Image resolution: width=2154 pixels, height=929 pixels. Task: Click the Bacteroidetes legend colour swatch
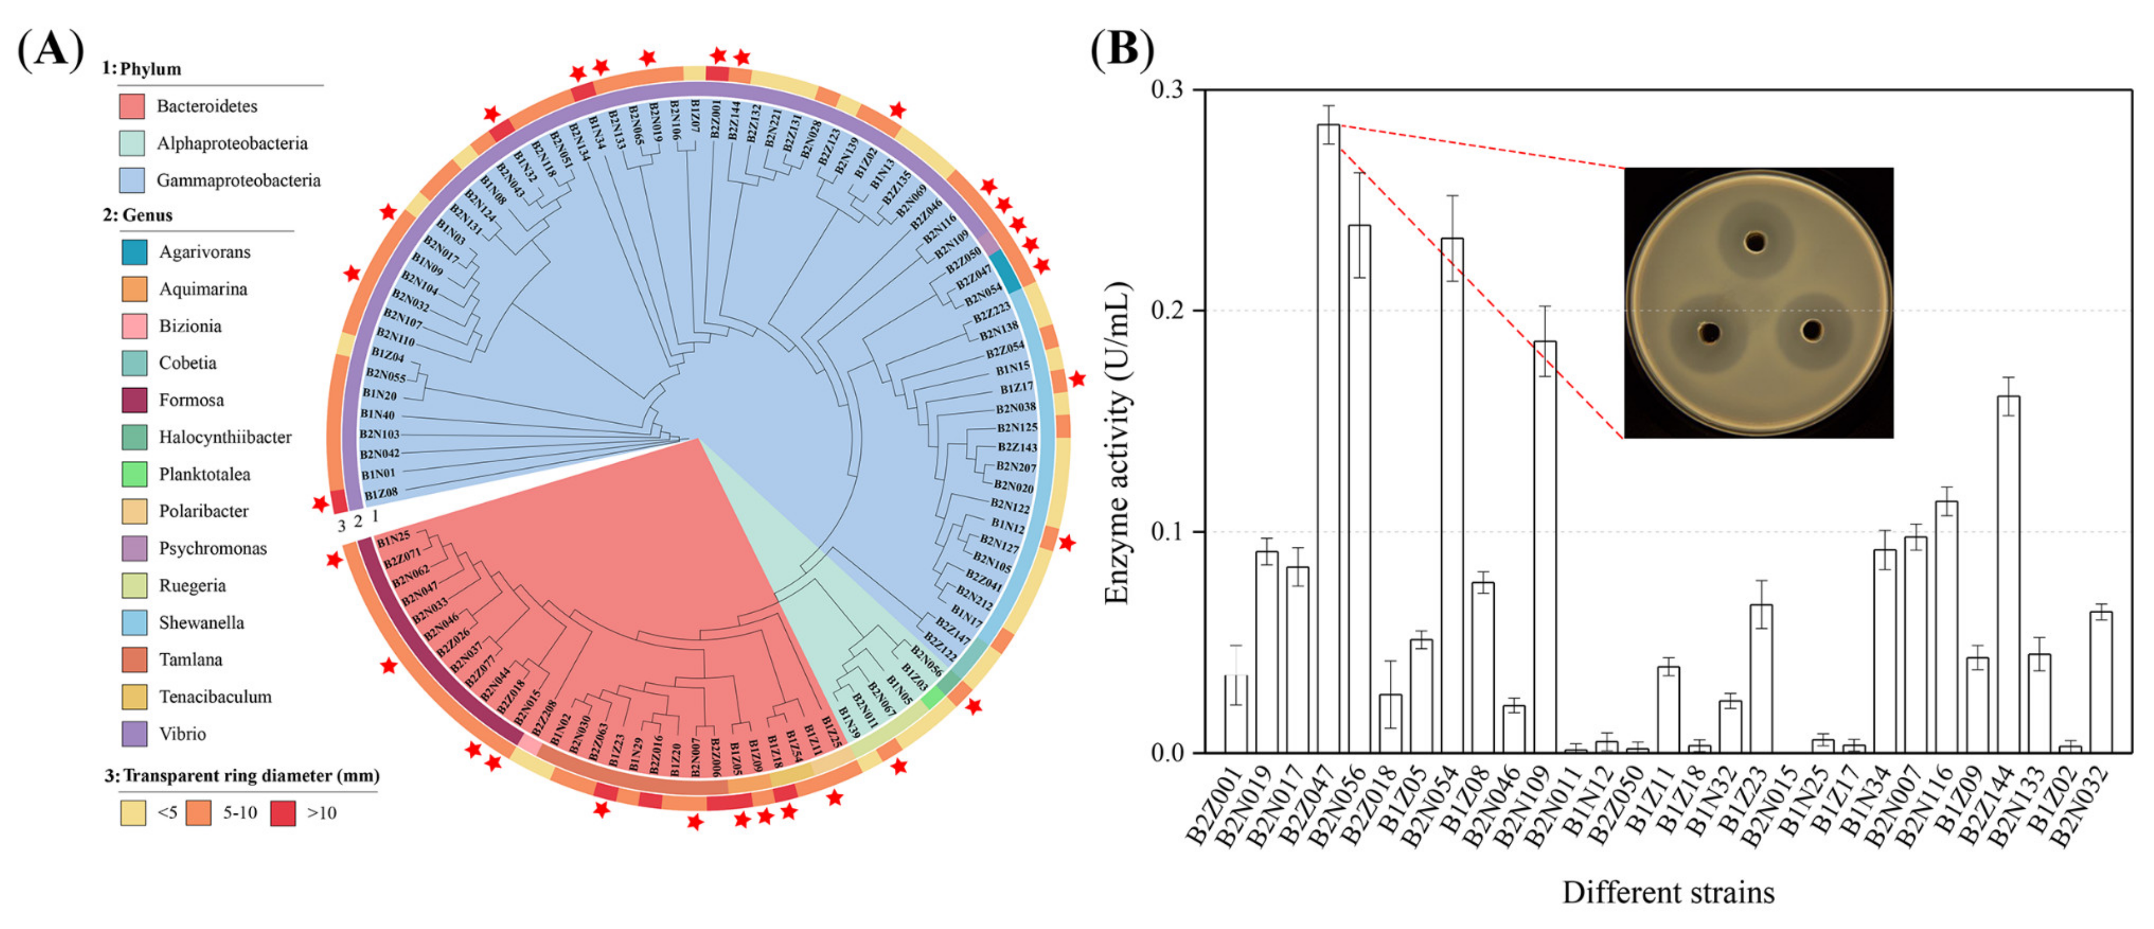132,106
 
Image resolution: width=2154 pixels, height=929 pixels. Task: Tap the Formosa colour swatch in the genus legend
134,400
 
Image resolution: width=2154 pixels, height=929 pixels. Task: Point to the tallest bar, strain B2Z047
1328,435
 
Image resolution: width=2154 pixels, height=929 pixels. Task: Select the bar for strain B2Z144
2008,577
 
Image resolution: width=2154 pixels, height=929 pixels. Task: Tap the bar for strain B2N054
1453,493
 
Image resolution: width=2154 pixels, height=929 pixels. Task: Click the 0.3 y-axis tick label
1168,90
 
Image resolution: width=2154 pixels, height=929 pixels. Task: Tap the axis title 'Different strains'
1668,893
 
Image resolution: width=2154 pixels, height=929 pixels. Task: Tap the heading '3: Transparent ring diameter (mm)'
242,776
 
